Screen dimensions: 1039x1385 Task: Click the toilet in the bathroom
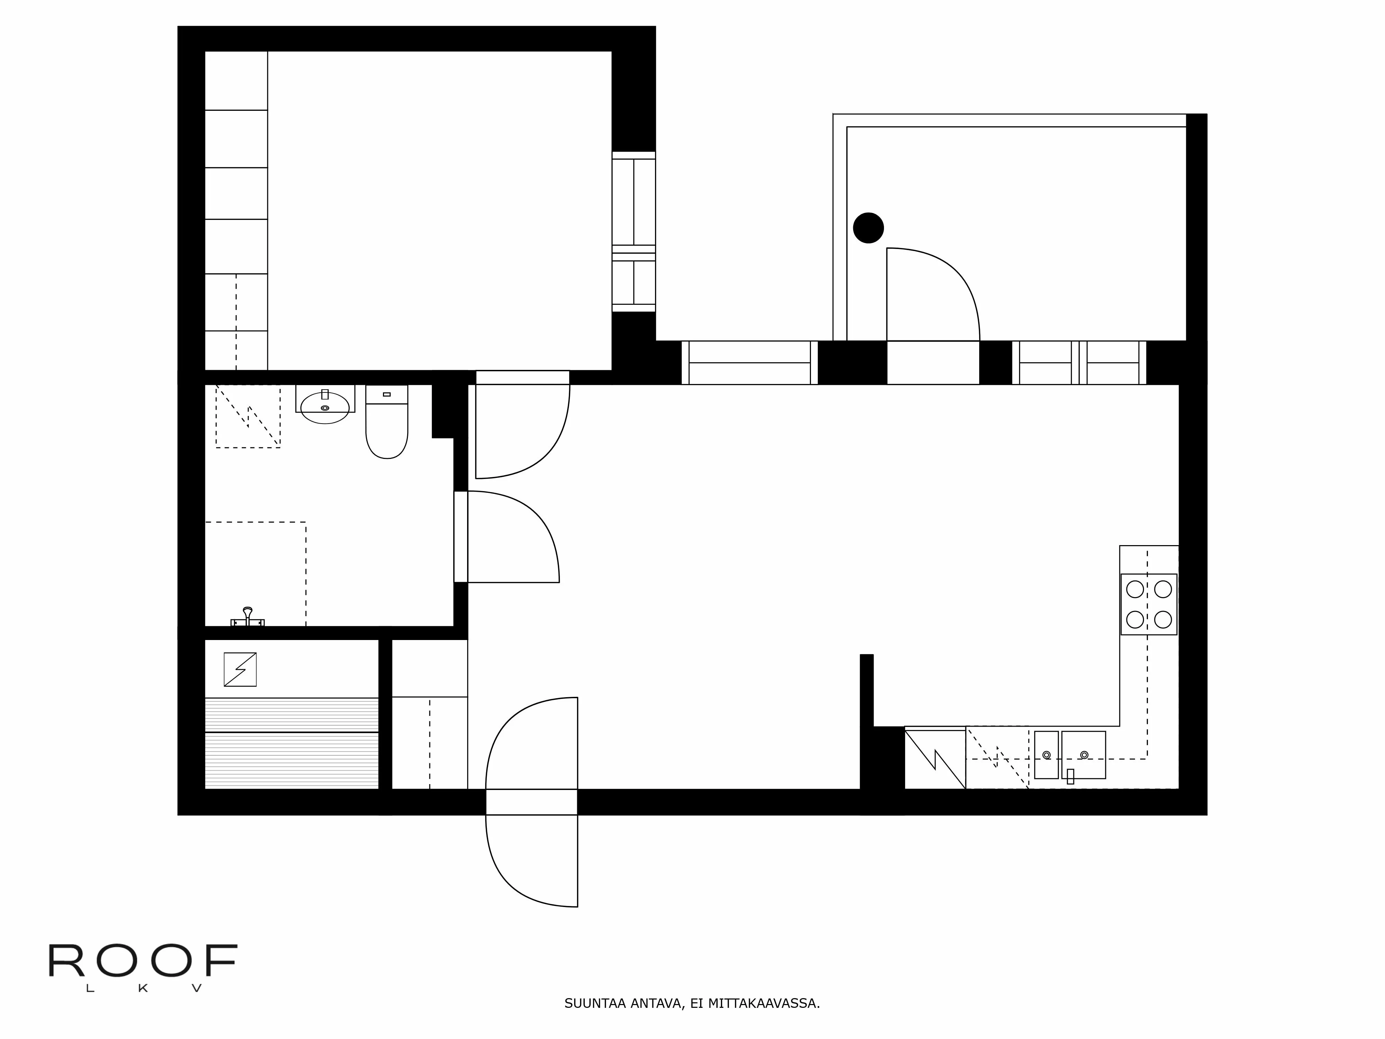tap(386, 429)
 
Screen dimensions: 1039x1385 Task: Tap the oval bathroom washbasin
tap(324, 408)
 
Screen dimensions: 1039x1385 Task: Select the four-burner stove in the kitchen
tap(1148, 604)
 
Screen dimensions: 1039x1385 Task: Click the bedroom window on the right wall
tap(634, 232)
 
